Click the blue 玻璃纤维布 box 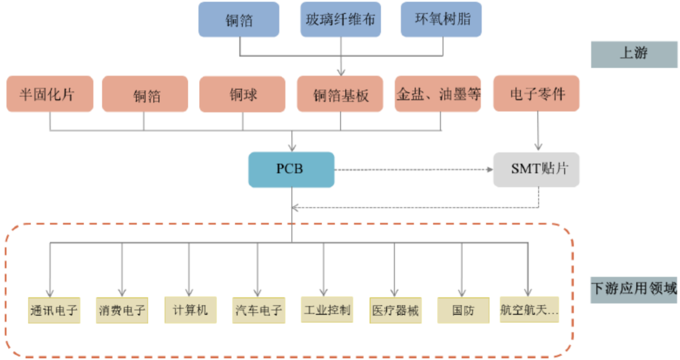pyautogui.click(x=341, y=19)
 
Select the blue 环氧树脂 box pyautogui.click(x=441, y=19)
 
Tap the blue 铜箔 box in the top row pyautogui.click(x=239, y=19)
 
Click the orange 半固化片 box pyautogui.click(x=50, y=94)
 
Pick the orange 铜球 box pyautogui.click(x=242, y=94)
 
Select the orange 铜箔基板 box pyautogui.click(x=340, y=94)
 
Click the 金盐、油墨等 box pyautogui.click(x=438, y=94)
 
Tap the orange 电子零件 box pyautogui.click(x=536, y=93)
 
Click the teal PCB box pyautogui.click(x=291, y=169)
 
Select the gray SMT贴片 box pyautogui.click(x=536, y=169)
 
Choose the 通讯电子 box pyautogui.click(x=54, y=310)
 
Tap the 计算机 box pyautogui.click(x=190, y=310)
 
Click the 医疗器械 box pyautogui.click(x=395, y=310)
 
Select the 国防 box pyautogui.click(x=463, y=310)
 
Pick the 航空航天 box pyautogui.click(x=529, y=310)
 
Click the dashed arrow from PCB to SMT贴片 pyautogui.click(x=413, y=169)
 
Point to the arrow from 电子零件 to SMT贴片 pyautogui.click(x=538, y=131)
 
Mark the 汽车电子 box pyautogui.click(x=259, y=310)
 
